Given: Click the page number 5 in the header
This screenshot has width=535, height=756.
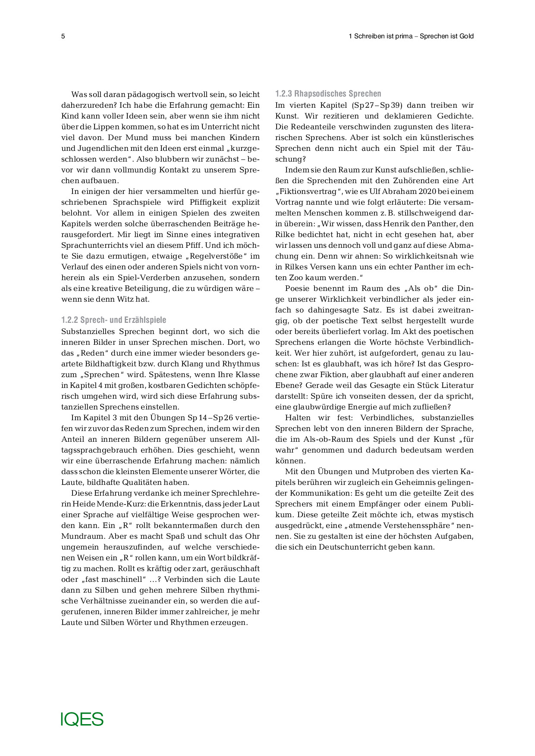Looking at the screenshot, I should coord(63,36).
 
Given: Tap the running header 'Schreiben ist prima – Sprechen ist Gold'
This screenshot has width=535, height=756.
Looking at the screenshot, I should coord(414,36).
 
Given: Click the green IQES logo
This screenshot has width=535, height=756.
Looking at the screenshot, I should coord(82,719).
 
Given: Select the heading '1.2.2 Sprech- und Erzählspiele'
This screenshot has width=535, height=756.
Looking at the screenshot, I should coord(113,320).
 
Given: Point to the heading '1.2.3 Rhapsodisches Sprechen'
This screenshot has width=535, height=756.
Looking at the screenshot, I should coord(328,94).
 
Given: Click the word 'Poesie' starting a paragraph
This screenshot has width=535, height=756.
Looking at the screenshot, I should coord(298,288).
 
